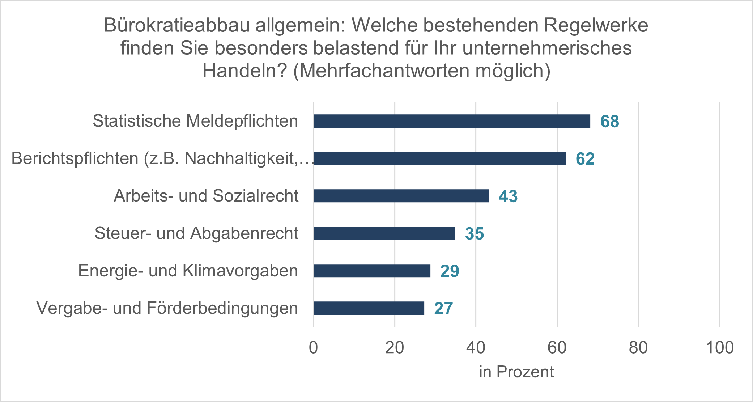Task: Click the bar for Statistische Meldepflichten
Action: [x=452, y=121]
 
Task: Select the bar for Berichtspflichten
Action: [x=439, y=158]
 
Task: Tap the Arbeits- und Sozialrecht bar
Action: [x=401, y=196]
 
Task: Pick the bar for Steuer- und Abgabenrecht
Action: [x=384, y=233]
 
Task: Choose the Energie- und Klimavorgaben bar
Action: [x=372, y=271]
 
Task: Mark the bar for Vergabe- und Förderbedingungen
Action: [x=369, y=308]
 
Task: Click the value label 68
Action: [x=610, y=122]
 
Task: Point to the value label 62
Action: [x=585, y=159]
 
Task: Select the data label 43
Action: [x=508, y=196]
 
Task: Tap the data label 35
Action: [x=475, y=234]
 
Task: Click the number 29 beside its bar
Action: [x=450, y=271]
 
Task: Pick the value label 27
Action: [x=443, y=309]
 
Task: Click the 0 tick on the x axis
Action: [x=314, y=347]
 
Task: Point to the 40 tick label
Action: [x=476, y=347]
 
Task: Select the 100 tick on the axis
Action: [x=720, y=347]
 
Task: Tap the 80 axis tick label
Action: [x=638, y=347]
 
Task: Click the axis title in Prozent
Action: [x=516, y=372]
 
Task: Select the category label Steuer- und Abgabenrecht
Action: [x=196, y=233]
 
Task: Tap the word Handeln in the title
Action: [x=244, y=71]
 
